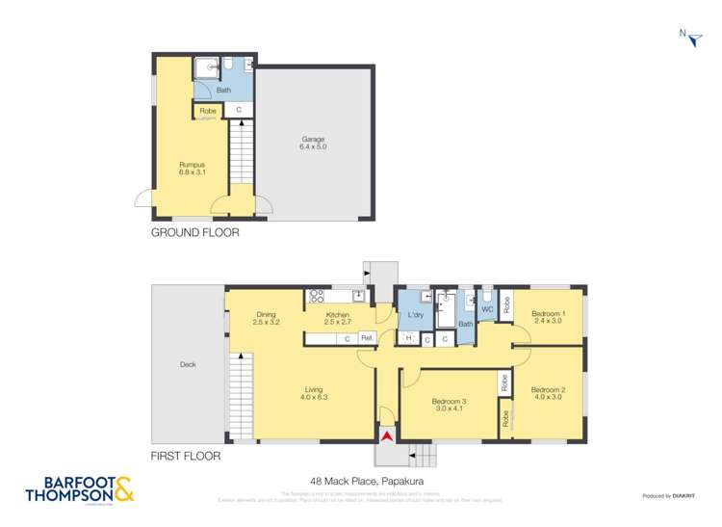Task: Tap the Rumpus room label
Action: pyautogui.click(x=192, y=169)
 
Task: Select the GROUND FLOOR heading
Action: pyautogui.click(x=195, y=232)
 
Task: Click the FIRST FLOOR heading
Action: pyautogui.click(x=186, y=456)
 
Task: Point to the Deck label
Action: pyautogui.click(x=188, y=364)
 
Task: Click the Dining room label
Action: pyautogui.click(x=267, y=318)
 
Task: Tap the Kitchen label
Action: pyautogui.click(x=336, y=318)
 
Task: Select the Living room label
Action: pyautogui.click(x=314, y=391)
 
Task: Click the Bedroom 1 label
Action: pyautogui.click(x=549, y=317)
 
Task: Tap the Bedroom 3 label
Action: pyautogui.click(x=449, y=405)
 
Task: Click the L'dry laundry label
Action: pyautogui.click(x=416, y=316)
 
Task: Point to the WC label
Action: pyautogui.click(x=487, y=309)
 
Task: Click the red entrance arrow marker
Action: pyautogui.click(x=387, y=436)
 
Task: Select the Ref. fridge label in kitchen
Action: pyautogui.click(x=366, y=338)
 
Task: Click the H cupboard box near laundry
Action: pyautogui.click(x=408, y=338)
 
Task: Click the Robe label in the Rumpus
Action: pyautogui.click(x=208, y=111)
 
